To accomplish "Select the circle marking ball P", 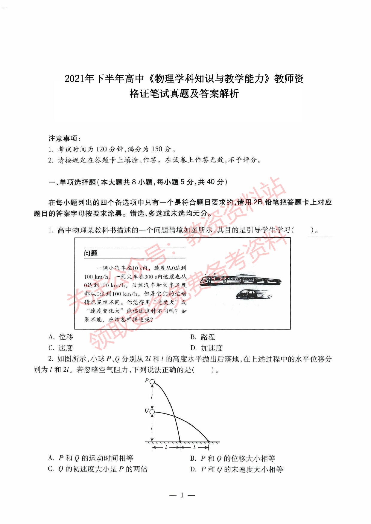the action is pyautogui.click(x=152, y=381).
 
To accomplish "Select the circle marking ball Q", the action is pyautogui.click(x=152, y=412).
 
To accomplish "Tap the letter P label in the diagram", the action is pyautogui.click(x=147, y=380).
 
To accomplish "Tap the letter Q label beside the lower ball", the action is pyautogui.click(x=147, y=410).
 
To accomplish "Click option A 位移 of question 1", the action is pyautogui.click(x=61, y=337).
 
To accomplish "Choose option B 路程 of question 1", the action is pyautogui.click(x=203, y=337).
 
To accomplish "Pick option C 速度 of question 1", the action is pyautogui.click(x=61, y=348).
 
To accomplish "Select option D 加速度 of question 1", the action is pyautogui.click(x=206, y=348).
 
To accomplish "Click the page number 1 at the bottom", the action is pyautogui.click(x=182, y=495).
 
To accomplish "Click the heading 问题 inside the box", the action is pyautogui.click(x=91, y=253).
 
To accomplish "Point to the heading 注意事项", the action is pyautogui.click(x=64, y=138).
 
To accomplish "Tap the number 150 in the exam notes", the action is pyautogui.click(x=157, y=149).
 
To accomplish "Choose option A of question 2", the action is pyautogui.click(x=91, y=458).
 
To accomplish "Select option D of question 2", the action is pyautogui.click(x=237, y=469).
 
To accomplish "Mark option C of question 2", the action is pyautogui.click(x=98, y=469).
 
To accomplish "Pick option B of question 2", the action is pyautogui.click(x=233, y=458).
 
